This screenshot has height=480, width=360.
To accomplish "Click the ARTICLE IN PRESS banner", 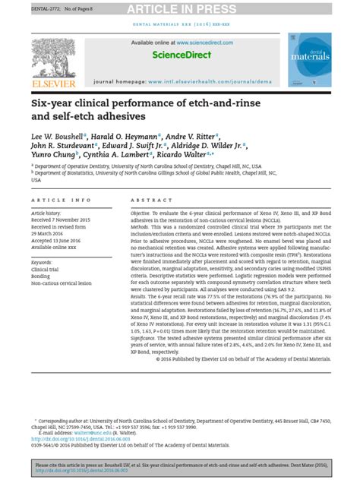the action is click(180, 8).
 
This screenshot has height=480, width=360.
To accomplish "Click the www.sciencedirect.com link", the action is click(200, 43).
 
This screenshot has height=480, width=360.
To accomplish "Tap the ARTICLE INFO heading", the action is click(61, 201).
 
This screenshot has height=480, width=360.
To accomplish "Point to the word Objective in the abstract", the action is click(144, 213).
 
